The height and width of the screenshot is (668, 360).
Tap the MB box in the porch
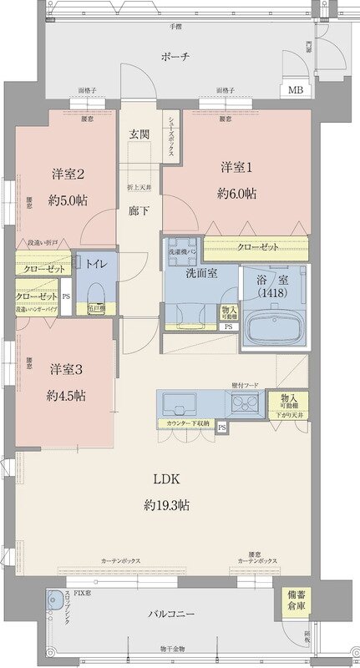click(295, 90)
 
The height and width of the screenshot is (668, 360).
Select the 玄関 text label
click(139, 134)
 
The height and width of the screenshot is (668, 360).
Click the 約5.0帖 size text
click(70, 200)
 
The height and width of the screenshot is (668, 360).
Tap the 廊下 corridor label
click(139, 210)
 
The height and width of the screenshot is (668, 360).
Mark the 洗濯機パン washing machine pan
click(183, 250)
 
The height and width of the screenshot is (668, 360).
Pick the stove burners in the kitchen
click(244, 406)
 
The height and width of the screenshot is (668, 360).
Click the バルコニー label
click(173, 615)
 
